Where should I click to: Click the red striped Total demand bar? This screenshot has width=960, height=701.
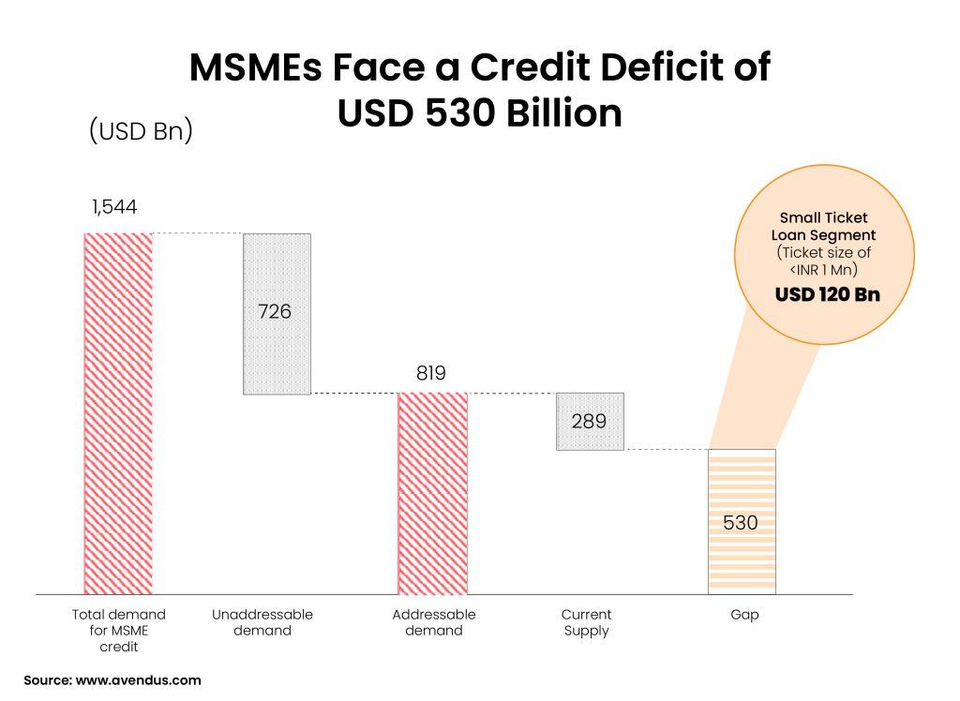pos(118,412)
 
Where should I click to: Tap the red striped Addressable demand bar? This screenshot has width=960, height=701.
pos(432,493)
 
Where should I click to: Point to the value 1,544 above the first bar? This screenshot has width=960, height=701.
pos(113,206)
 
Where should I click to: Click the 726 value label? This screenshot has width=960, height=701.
pos(275,311)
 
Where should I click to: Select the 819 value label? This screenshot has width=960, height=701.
pos(431,373)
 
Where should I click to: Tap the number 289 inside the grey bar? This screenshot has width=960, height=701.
pos(589,421)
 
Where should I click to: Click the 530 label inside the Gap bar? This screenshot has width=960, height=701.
pos(741,523)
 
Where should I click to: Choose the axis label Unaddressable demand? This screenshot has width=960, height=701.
pos(263,622)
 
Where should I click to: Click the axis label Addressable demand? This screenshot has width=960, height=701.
pos(434,622)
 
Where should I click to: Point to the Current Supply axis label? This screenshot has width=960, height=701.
pos(587,622)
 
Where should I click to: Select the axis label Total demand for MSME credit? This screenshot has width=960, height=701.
pos(118,630)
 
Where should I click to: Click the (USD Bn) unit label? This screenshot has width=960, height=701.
pos(141,130)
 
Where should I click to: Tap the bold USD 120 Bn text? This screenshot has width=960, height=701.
pos(827,295)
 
